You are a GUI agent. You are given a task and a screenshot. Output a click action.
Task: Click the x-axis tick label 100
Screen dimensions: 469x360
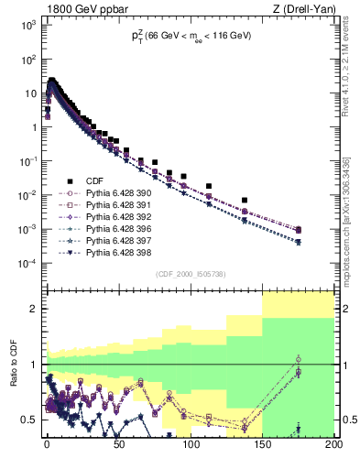tap(191, 450)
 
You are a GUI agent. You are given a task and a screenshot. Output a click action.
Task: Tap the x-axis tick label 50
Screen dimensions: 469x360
tap(118, 450)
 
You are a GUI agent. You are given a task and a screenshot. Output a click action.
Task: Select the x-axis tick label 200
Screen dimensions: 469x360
tap(333, 450)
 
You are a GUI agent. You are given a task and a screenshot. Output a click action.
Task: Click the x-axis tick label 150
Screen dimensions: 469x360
tap(262, 450)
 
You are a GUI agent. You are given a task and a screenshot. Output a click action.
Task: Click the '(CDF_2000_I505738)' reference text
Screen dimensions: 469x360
tap(190, 274)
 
